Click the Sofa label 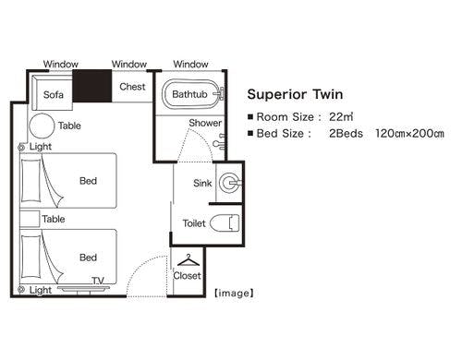(54, 94)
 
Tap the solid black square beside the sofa (92, 86)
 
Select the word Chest (132, 87)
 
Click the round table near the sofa (42, 126)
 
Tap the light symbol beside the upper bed (21, 148)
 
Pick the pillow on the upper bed (30, 180)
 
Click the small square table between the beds (30, 219)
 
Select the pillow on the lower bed (30, 257)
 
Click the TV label (98, 281)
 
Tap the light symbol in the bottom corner (21, 290)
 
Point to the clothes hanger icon (188, 260)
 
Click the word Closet (187, 276)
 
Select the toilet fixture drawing (225, 222)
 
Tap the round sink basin (229, 183)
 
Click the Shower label (205, 123)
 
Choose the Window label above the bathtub (190, 65)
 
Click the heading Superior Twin (295, 94)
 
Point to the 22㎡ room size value (341, 117)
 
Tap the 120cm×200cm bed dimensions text (409, 134)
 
